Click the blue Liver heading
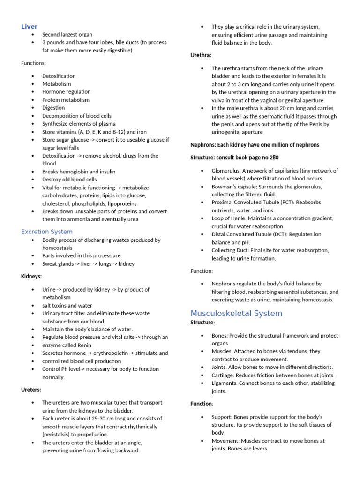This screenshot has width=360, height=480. tap(29, 26)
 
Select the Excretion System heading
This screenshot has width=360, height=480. tap(47, 231)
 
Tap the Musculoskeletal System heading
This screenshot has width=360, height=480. tap(236, 313)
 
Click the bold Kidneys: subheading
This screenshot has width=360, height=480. tap(32, 277)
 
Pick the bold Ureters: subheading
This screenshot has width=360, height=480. tap(31, 389)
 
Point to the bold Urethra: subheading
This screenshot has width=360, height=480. tap(201, 55)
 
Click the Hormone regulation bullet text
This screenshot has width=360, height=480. tap(66, 92)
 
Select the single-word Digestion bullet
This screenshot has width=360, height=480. tap(53, 108)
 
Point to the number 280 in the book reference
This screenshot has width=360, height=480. tap(271, 157)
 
